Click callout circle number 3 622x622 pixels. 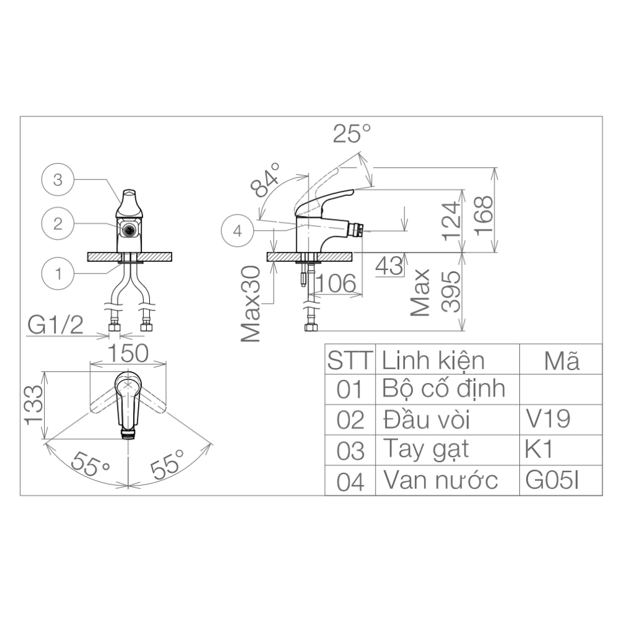pos(58,180)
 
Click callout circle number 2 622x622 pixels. pos(58,224)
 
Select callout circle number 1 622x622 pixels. pos(58,273)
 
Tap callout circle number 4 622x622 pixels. pos(237,231)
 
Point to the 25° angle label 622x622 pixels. pos(351,134)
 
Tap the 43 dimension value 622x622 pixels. pos(389,266)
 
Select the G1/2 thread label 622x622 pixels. pos(55,325)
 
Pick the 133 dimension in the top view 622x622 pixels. pos(34,404)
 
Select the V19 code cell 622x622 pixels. pos(548,419)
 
